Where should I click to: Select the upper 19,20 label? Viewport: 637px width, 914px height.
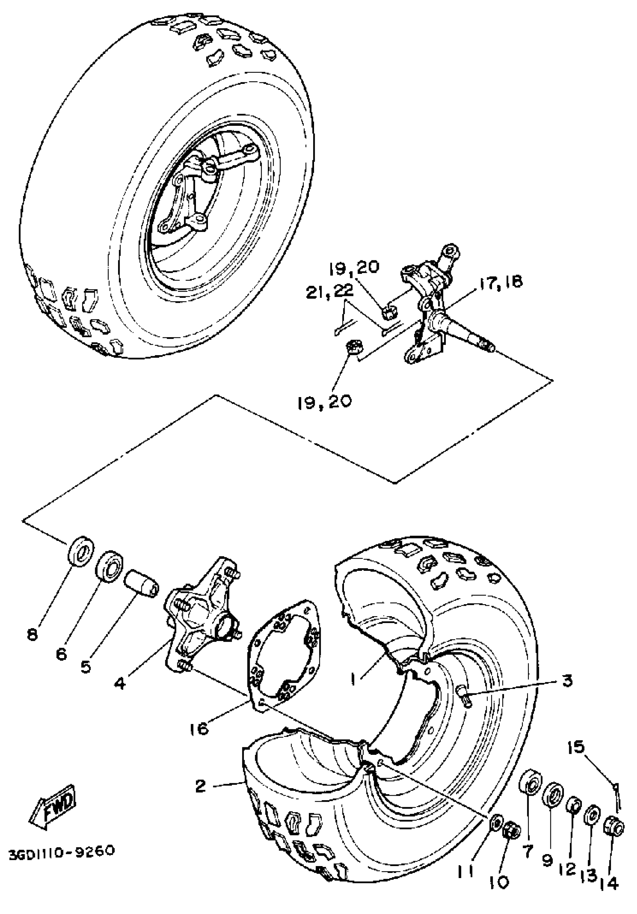click(x=354, y=267)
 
